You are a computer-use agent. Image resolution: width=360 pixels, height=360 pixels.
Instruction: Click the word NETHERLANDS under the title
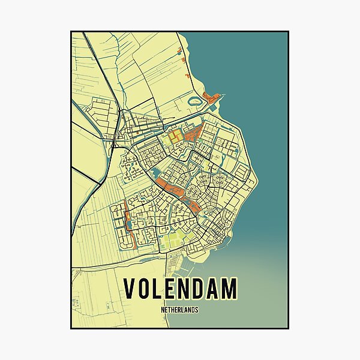click(x=180, y=310)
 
